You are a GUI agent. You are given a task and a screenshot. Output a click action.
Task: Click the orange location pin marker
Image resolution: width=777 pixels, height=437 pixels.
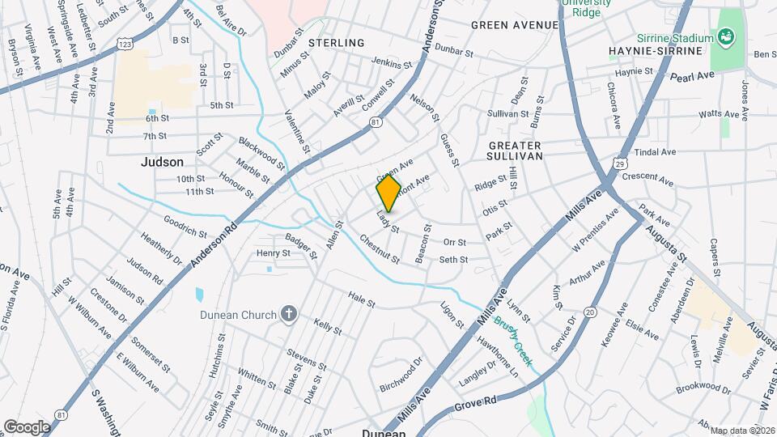pos(388,193)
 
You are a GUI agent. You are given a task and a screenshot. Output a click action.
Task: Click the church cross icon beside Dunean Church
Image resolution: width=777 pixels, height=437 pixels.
pos(288,315)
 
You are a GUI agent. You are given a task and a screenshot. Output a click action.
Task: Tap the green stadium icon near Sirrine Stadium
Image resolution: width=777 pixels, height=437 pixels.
pos(726,36)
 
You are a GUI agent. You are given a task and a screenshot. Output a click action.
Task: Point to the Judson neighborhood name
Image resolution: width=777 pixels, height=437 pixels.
pos(162,162)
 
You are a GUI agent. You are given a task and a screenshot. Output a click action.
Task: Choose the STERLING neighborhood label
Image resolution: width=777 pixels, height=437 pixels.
pos(337,42)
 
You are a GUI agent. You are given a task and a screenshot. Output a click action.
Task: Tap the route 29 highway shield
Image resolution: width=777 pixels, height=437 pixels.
pos(618,163)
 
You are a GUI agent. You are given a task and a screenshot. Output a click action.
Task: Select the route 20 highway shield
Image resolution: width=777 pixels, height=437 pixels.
pos(589,312)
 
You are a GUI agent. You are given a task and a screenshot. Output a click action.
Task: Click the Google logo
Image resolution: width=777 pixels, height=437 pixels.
pos(28,426)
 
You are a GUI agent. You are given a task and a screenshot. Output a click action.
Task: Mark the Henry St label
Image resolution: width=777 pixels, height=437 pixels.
pos(274,253)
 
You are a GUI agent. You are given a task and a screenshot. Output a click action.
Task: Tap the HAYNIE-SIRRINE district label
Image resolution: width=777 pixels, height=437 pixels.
pos(656,52)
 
